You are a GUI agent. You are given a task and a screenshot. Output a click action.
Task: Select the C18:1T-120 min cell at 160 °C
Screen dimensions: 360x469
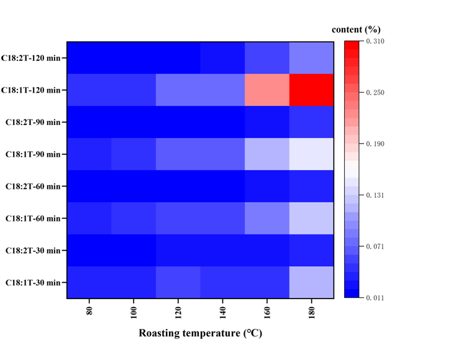pyautogui.click(x=268, y=90)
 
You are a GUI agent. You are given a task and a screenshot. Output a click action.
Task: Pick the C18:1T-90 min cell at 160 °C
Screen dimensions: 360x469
pyautogui.click(x=268, y=154)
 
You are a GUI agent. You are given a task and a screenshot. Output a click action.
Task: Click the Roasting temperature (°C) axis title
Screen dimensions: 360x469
pyautogui.click(x=200, y=334)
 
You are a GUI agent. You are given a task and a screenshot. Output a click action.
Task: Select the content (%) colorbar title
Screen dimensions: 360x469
pyautogui.click(x=356, y=29)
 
